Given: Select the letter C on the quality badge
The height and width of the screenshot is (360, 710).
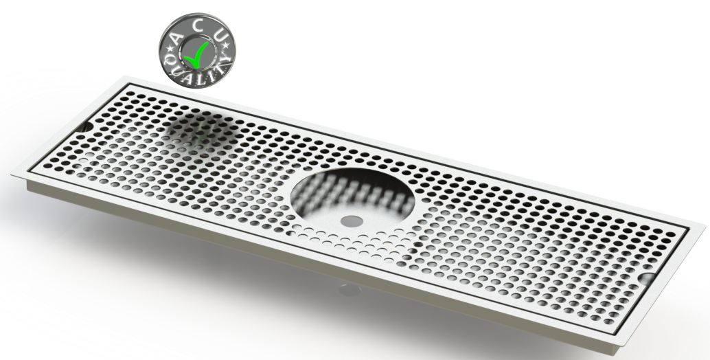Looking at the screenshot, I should (201, 27).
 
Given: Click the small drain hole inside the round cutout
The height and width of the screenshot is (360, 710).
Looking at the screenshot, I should (350, 221).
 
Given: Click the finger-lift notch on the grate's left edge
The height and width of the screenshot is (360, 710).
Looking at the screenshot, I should (87, 129).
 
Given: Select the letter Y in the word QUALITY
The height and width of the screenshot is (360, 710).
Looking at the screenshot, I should (227, 66).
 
